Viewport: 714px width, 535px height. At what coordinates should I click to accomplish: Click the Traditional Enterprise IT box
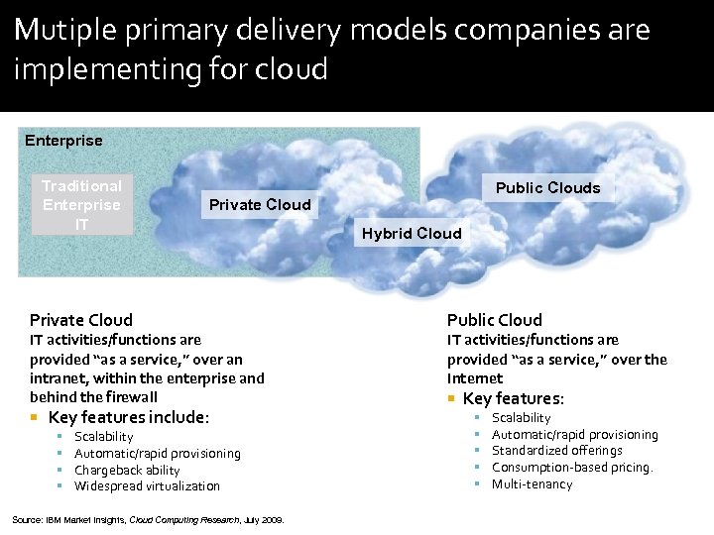pos(81,205)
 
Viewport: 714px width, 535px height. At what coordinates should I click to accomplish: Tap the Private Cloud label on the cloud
pos(260,205)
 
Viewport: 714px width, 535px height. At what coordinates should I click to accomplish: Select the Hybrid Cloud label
pos(412,234)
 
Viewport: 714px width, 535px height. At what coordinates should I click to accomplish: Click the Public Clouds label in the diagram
pos(547,188)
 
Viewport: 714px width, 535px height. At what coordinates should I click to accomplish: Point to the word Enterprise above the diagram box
pos(63,141)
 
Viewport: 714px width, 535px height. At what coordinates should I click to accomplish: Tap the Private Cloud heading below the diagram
pos(81,320)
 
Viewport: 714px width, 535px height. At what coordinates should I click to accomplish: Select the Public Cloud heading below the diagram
pos(494,320)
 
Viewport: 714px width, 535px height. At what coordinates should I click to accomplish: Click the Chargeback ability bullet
pos(127,471)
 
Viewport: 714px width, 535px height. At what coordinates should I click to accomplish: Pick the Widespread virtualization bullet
pos(147,486)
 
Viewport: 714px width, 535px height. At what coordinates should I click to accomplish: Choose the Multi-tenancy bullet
pos(532,484)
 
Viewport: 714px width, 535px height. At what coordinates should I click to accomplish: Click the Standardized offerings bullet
pos(556,451)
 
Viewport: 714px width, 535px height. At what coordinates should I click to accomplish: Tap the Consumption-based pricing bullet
pos(572,468)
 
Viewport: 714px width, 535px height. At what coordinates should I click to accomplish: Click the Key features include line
pos(128,417)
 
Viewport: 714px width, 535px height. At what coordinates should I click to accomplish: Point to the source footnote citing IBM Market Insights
pos(148,519)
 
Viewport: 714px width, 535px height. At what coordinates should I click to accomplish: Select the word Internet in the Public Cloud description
pos(475,378)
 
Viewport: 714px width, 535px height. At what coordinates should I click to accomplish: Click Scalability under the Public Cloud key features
pos(521,418)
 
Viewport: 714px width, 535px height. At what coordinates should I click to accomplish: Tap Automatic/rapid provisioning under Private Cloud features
pos(157,454)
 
